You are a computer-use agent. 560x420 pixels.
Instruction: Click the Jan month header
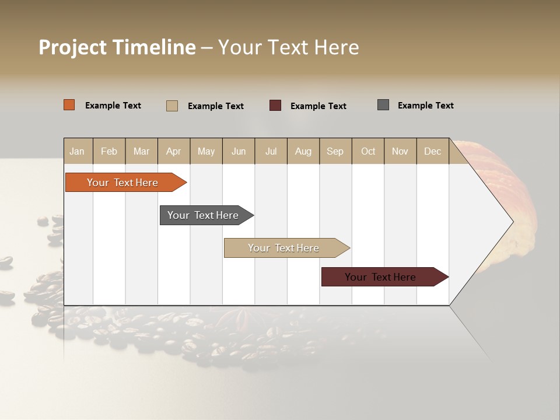pyautogui.click(x=77, y=152)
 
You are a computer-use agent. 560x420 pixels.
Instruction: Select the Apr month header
pyautogui.click(x=173, y=152)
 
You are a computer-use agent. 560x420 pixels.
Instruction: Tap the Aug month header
pyautogui.click(x=303, y=152)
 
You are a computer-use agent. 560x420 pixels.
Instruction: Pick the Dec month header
pyautogui.click(x=432, y=152)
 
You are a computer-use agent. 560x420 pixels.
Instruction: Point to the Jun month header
pyautogui.click(x=238, y=152)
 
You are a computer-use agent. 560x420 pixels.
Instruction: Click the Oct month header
pyautogui.click(x=367, y=152)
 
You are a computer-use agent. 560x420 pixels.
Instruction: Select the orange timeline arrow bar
pyautogui.click(x=123, y=183)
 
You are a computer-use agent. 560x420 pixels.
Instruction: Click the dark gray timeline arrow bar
pyautogui.click(x=204, y=215)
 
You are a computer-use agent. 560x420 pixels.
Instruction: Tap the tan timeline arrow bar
pyautogui.click(x=284, y=248)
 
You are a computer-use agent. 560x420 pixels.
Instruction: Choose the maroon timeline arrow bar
pyautogui.click(x=381, y=277)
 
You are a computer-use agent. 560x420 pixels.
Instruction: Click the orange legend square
pyautogui.click(x=69, y=105)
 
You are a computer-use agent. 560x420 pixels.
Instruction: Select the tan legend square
pyautogui.click(x=172, y=106)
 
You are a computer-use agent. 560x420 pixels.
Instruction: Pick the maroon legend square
pyautogui.click(x=275, y=106)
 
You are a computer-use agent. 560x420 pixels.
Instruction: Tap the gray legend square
pyautogui.click(x=383, y=105)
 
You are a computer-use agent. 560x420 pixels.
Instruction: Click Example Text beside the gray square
pyautogui.click(x=425, y=106)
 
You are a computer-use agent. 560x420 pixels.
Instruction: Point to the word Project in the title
pyautogui.click(x=72, y=47)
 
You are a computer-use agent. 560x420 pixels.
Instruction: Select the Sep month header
pyautogui.click(x=335, y=152)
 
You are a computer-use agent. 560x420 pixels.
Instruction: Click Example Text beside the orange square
pyautogui.click(x=113, y=106)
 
